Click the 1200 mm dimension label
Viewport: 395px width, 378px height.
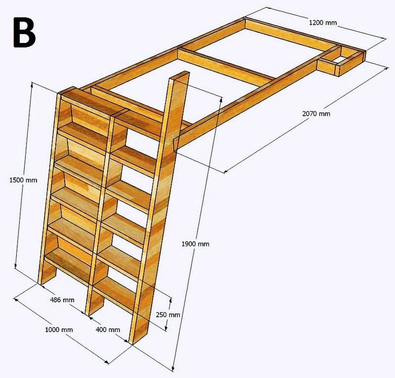(x=323, y=23)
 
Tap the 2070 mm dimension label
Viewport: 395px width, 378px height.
(x=316, y=114)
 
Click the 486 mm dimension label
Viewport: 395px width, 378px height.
(x=61, y=299)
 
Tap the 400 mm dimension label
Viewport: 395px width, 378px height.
(x=108, y=329)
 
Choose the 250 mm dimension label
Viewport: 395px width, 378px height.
(x=168, y=315)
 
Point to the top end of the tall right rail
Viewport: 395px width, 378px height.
(x=180, y=76)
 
